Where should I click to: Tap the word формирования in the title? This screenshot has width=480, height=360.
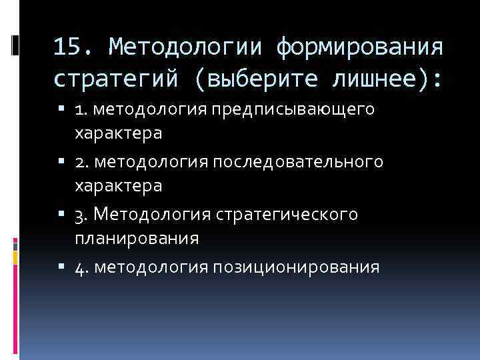[359, 47]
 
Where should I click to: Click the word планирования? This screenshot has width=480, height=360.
[137, 238]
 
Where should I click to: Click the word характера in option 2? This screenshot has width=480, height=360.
[118, 185]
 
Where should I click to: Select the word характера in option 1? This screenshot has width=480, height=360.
[118, 133]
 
